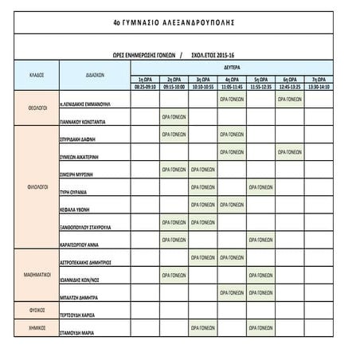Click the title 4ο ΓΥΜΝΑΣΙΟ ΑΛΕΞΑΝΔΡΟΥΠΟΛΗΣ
coord(179,24)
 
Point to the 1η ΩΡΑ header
coord(146,80)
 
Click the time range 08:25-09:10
coord(146,86)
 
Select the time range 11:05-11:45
coord(232,86)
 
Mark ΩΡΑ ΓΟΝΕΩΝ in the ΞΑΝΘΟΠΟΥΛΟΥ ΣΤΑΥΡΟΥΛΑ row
coord(174,221)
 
